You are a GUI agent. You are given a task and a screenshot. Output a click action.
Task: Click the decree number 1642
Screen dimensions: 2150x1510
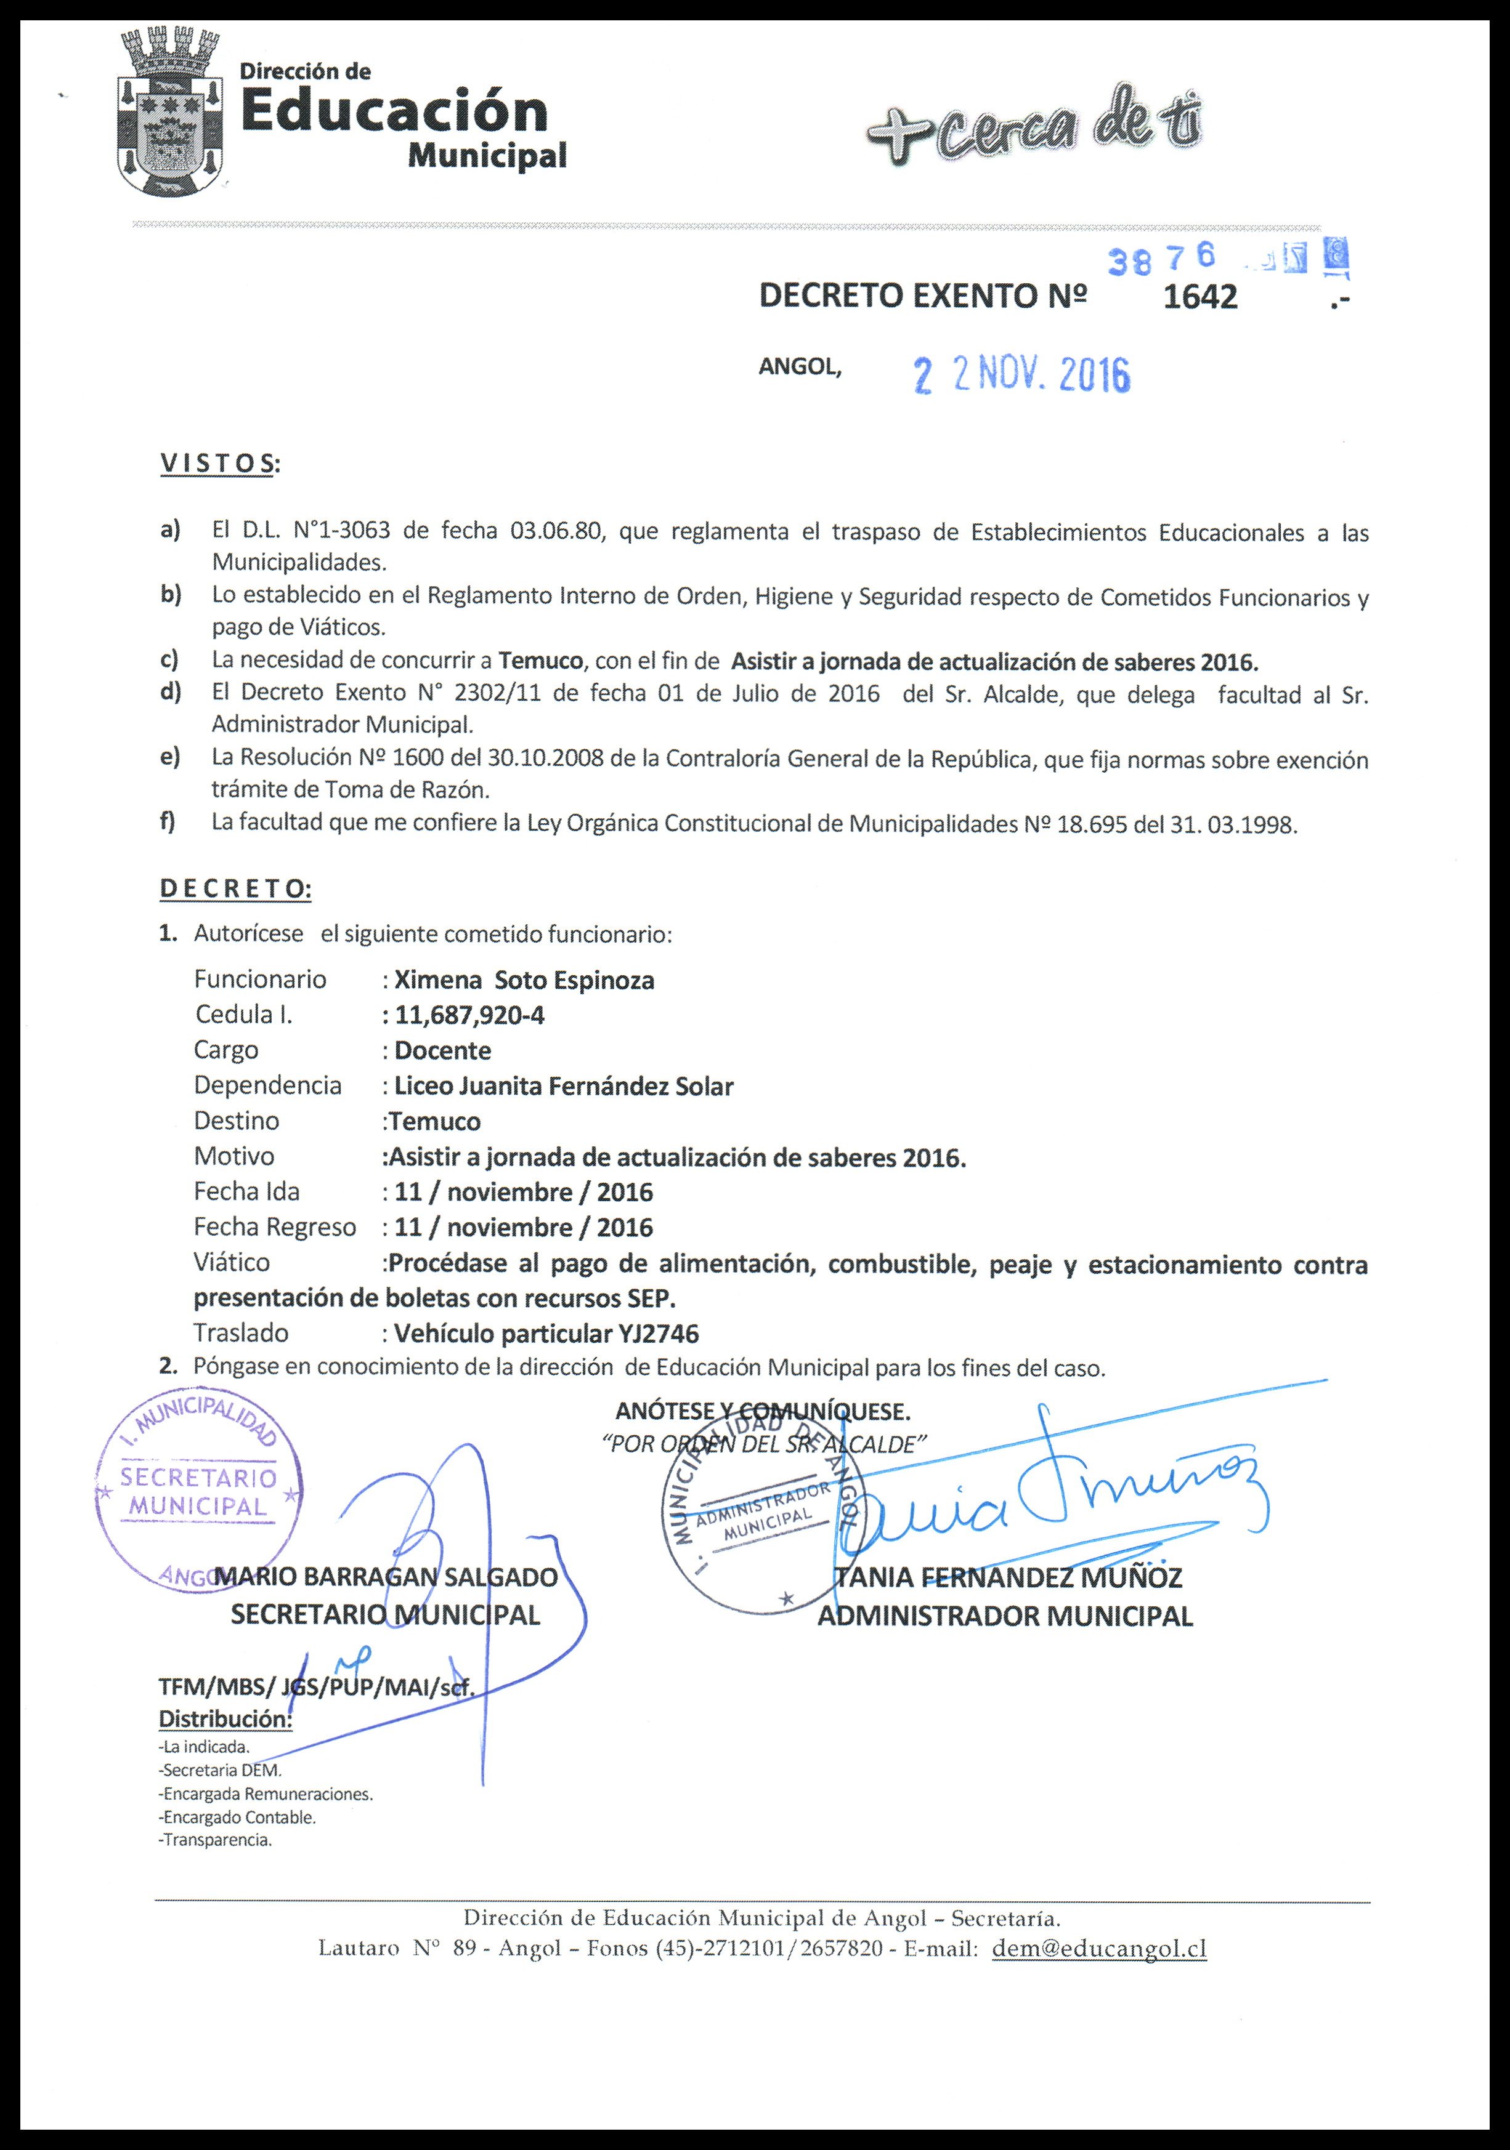click(x=1200, y=297)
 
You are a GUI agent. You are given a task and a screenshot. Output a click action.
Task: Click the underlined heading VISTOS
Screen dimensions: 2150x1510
click(x=218, y=464)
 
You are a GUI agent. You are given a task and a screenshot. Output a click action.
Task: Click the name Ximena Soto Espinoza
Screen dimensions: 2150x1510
click(x=524, y=980)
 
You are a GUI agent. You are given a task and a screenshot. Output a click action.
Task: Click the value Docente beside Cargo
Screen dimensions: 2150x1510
click(x=442, y=1050)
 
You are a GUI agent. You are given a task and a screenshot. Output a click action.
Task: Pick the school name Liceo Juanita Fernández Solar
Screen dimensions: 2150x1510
click(x=563, y=1086)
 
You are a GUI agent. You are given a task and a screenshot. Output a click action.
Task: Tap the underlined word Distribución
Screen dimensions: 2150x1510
click(x=225, y=1719)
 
